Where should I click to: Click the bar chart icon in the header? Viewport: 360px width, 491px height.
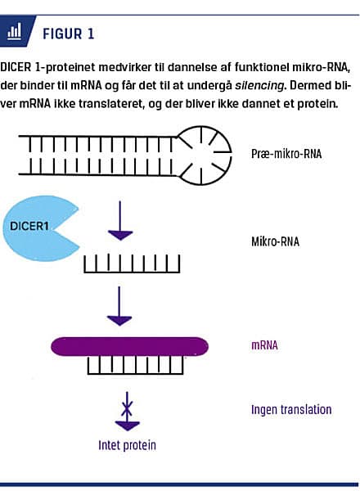14,33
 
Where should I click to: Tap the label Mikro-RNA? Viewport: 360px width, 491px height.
275,243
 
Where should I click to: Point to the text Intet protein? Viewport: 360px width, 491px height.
122,446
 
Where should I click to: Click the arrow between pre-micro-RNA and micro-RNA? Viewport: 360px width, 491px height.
121,221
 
